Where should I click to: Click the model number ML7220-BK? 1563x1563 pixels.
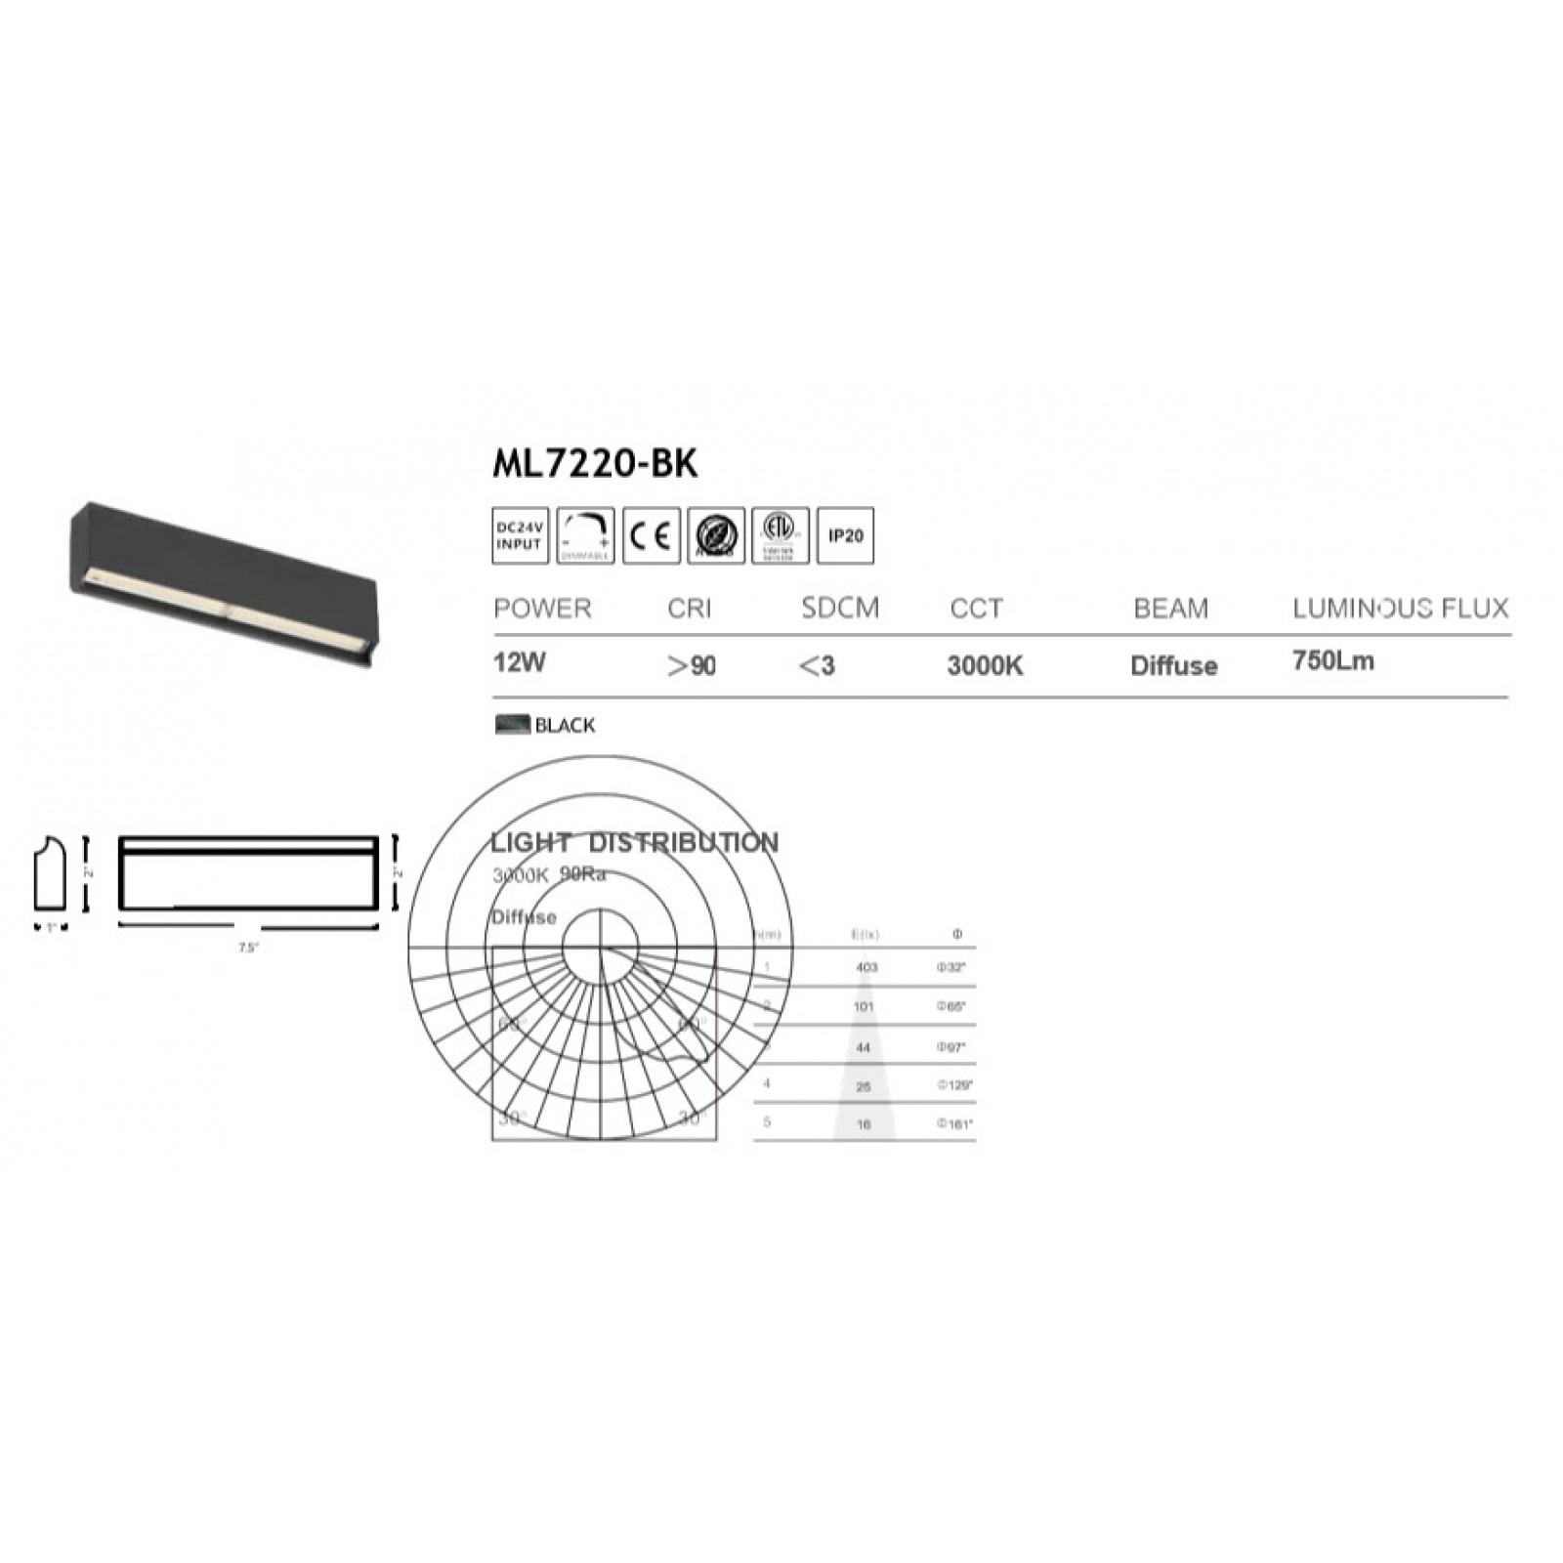pos(595,464)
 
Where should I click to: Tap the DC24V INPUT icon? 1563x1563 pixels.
pos(519,536)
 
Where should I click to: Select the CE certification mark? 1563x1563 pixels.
pos(651,536)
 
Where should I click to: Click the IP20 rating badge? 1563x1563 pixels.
pos(845,536)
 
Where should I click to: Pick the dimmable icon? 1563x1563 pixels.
pos(585,536)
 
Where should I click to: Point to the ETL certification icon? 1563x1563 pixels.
pos(780,536)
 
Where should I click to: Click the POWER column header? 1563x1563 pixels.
pos(542,609)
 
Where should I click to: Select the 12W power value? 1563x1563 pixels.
pos(520,662)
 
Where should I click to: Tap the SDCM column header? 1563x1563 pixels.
pos(840,609)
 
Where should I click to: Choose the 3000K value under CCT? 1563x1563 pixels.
pos(985,666)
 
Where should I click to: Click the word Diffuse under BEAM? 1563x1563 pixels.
pos(1173,666)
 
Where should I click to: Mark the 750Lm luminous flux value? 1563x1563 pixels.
pos(1332,661)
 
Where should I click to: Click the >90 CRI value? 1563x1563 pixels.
pos(692,666)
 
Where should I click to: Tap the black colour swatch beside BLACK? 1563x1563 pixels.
pos(512,725)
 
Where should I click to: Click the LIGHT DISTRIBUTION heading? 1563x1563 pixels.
pos(634,842)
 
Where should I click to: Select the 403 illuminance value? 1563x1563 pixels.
pos(866,967)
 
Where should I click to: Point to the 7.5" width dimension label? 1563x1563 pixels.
pos(248,947)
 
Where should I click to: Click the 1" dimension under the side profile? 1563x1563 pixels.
pos(51,928)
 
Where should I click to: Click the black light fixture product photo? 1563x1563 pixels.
pos(223,584)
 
